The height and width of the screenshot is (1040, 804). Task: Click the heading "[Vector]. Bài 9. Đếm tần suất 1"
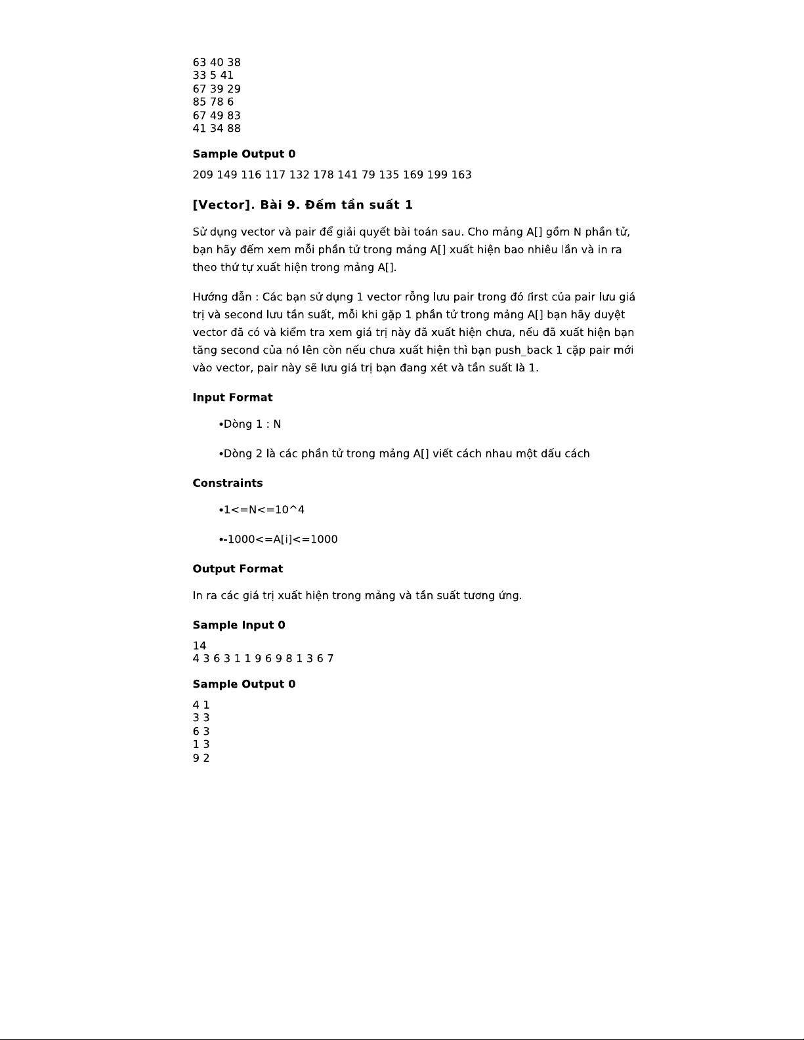(x=303, y=205)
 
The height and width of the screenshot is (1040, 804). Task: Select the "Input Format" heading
(x=232, y=398)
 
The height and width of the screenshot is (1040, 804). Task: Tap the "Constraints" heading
(x=227, y=484)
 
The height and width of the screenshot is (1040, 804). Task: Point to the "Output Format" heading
(x=238, y=569)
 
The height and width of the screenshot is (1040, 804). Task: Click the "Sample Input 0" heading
(x=239, y=625)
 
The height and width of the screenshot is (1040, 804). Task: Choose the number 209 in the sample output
(x=203, y=175)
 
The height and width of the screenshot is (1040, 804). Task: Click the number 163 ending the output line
(x=461, y=175)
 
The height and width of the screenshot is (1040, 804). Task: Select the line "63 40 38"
(x=217, y=62)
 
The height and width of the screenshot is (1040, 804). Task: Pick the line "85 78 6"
(x=213, y=102)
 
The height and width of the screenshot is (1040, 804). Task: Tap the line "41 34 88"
(x=217, y=129)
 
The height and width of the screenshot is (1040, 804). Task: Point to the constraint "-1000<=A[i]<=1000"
(x=280, y=539)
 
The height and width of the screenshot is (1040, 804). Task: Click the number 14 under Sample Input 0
(x=199, y=646)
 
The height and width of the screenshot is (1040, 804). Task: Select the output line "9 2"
(x=201, y=758)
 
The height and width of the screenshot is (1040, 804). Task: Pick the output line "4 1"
(x=201, y=705)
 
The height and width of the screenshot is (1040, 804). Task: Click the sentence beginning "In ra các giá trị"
(x=357, y=596)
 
